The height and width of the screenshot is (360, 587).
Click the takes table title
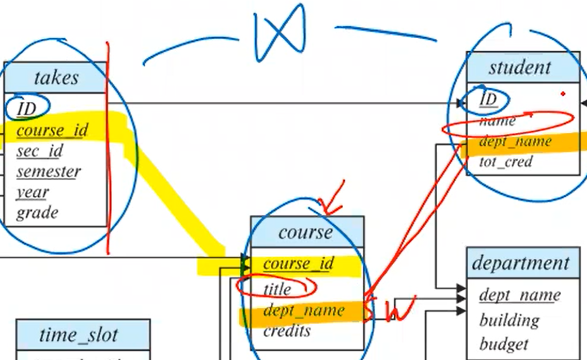click(56, 78)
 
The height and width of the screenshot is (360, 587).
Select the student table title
click(519, 68)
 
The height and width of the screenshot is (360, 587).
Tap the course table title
click(305, 232)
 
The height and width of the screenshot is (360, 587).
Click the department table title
click(520, 263)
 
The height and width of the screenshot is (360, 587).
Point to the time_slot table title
click(79, 335)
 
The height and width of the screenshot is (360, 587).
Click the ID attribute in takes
click(26, 108)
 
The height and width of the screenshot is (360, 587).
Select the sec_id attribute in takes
click(39, 151)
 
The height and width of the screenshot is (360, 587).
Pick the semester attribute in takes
click(48, 171)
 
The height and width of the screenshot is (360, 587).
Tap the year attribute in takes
click(32, 192)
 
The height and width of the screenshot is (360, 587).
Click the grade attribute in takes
click(37, 213)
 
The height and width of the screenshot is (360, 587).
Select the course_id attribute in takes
click(52, 130)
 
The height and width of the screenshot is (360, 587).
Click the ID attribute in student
click(488, 99)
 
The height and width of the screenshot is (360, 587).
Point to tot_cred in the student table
click(505, 162)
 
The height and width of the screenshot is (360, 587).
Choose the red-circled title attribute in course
click(277, 289)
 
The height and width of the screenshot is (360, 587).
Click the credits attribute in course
click(287, 331)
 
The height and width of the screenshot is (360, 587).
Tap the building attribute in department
click(509, 320)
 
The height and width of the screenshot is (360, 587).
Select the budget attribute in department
click(504, 343)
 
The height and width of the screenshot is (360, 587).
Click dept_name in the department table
click(519, 295)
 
